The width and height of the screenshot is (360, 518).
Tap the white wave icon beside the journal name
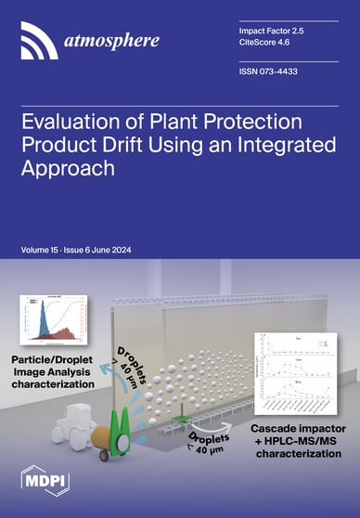(x=37, y=38)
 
